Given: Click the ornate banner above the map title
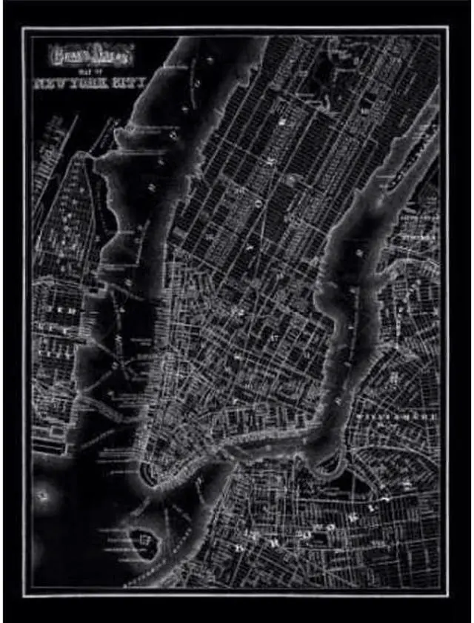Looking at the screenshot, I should [90, 54].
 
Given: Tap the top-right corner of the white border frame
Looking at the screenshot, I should [448, 27].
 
